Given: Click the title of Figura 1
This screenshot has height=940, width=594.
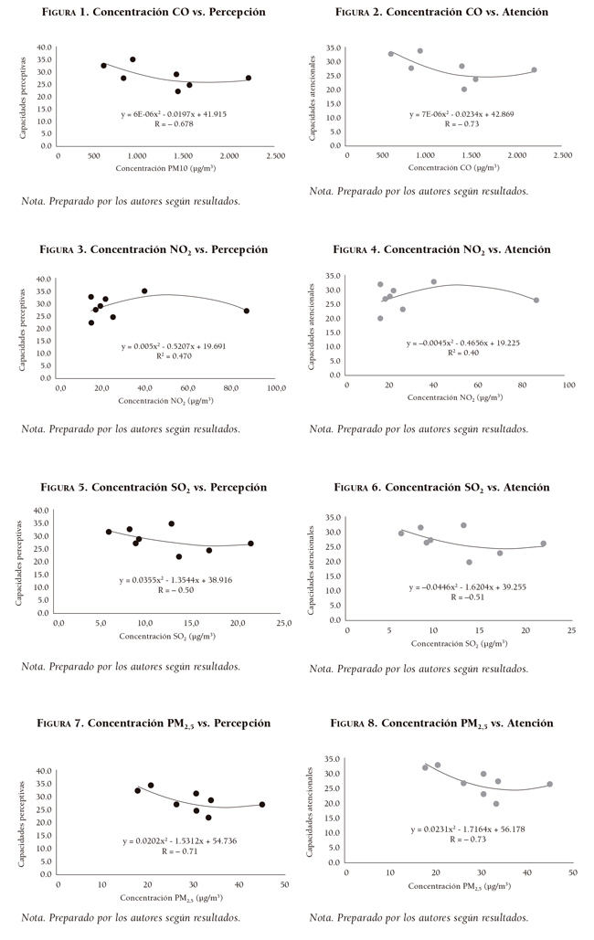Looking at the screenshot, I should point(154,13).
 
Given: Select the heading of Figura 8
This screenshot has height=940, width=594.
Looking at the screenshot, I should point(442,723).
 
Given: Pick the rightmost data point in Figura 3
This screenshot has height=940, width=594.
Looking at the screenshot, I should point(246,311).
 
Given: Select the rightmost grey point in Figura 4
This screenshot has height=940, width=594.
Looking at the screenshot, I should point(536,300).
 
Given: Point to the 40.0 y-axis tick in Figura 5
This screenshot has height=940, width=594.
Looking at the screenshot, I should point(40,511).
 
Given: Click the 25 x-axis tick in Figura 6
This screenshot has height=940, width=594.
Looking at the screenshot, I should point(571,630).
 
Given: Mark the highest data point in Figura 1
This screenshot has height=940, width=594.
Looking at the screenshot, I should point(133,59).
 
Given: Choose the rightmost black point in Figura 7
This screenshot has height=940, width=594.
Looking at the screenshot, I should point(262,805).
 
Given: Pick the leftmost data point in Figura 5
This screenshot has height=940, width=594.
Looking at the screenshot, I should point(109,532).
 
